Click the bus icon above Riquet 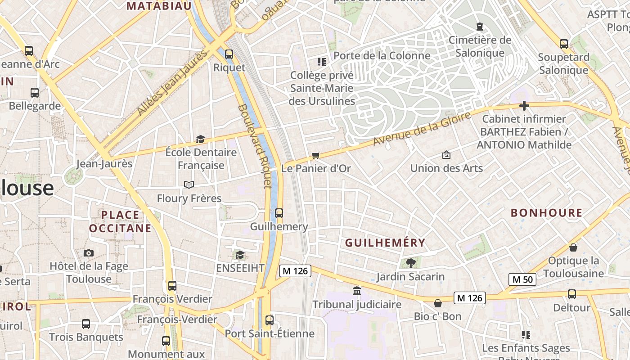coord(229,54)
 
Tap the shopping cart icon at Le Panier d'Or coord(316,156)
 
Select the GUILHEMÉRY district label coord(385,243)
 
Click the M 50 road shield coord(522,279)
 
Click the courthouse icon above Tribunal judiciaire coord(357,291)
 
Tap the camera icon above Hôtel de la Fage coord(89,253)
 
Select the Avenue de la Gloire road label coord(422,129)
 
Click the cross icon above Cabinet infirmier coord(524,106)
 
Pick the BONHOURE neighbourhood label coord(547,213)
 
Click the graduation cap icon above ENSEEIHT coord(240,255)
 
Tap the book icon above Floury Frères coord(189,185)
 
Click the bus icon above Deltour coord(571,294)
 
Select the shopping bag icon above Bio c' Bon coord(437,303)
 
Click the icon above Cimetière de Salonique coord(480,27)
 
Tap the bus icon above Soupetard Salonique coord(563,44)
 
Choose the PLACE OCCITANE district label coord(120,221)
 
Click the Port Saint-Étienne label coord(270,333)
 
